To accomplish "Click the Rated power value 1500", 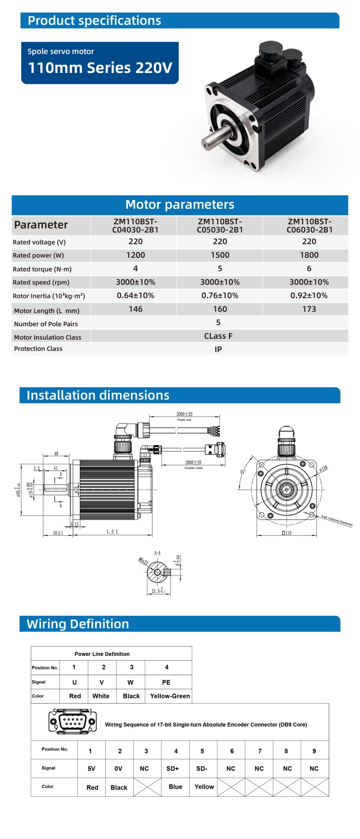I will click(x=220, y=255).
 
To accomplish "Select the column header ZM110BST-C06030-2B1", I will click(x=309, y=225).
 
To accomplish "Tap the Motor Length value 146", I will click(x=135, y=309).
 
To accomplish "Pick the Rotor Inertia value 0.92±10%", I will click(x=309, y=296).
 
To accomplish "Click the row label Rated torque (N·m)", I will click(x=42, y=269).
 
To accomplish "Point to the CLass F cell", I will click(x=218, y=336).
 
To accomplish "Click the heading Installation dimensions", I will click(x=98, y=395).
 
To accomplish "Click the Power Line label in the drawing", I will click(x=184, y=420).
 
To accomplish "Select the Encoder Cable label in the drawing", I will click(x=194, y=468).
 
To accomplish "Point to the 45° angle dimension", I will click(x=243, y=472).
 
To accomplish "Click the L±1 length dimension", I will click(x=112, y=532).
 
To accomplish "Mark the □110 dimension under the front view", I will click(x=287, y=533).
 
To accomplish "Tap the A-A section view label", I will click(x=157, y=553).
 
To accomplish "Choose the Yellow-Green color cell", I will click(x=170, y=696).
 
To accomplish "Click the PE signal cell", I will click(x=166, y=682).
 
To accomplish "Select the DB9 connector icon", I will click(x=73, y=721).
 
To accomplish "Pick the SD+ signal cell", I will click(x=173, y=769).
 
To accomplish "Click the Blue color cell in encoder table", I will click(x=175, y=787).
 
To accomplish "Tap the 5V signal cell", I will click(x=91, y=769).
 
